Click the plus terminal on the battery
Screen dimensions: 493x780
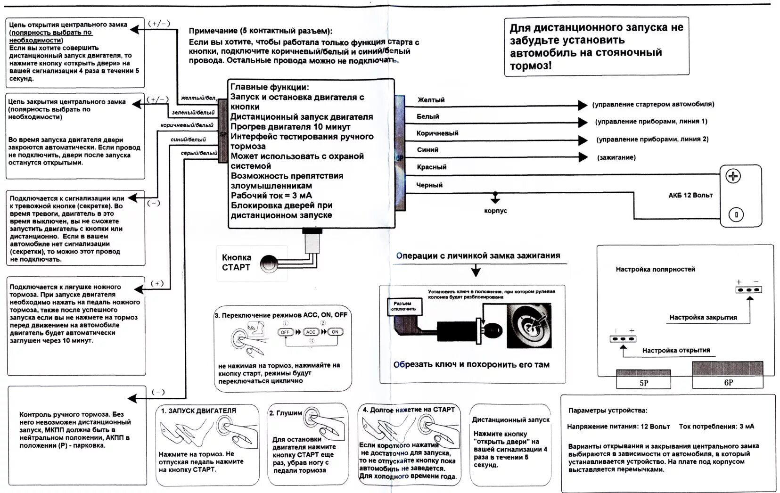[x=733, y=176]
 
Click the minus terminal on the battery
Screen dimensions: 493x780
[x=736, y=215]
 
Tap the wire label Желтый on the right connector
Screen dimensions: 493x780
[x=431, y=100]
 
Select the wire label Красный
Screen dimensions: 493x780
[x=431, y=167]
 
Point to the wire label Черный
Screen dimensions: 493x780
[x=429, y=185]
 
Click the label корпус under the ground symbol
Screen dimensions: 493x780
[x=495, y=211]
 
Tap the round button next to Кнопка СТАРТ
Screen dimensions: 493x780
[x=270, y=263]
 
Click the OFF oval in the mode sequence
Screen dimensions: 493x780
[x=285, y=332]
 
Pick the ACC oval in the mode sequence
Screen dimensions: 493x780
[x=311, y=332]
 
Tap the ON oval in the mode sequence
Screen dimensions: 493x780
[x=335, y=332]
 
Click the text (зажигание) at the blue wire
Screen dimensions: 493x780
[x=616, y=157]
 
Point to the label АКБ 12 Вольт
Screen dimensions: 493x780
[x=690, y=195]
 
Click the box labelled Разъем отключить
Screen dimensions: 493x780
[x=403, y=306]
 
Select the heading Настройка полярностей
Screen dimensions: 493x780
[x=655, y=270]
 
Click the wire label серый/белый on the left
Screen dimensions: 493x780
[x=199, y=153]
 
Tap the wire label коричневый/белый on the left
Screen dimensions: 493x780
[x=187, y=125]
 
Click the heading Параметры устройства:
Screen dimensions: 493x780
[x=608, y=411]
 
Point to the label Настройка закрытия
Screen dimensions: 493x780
[x=703, y=317]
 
